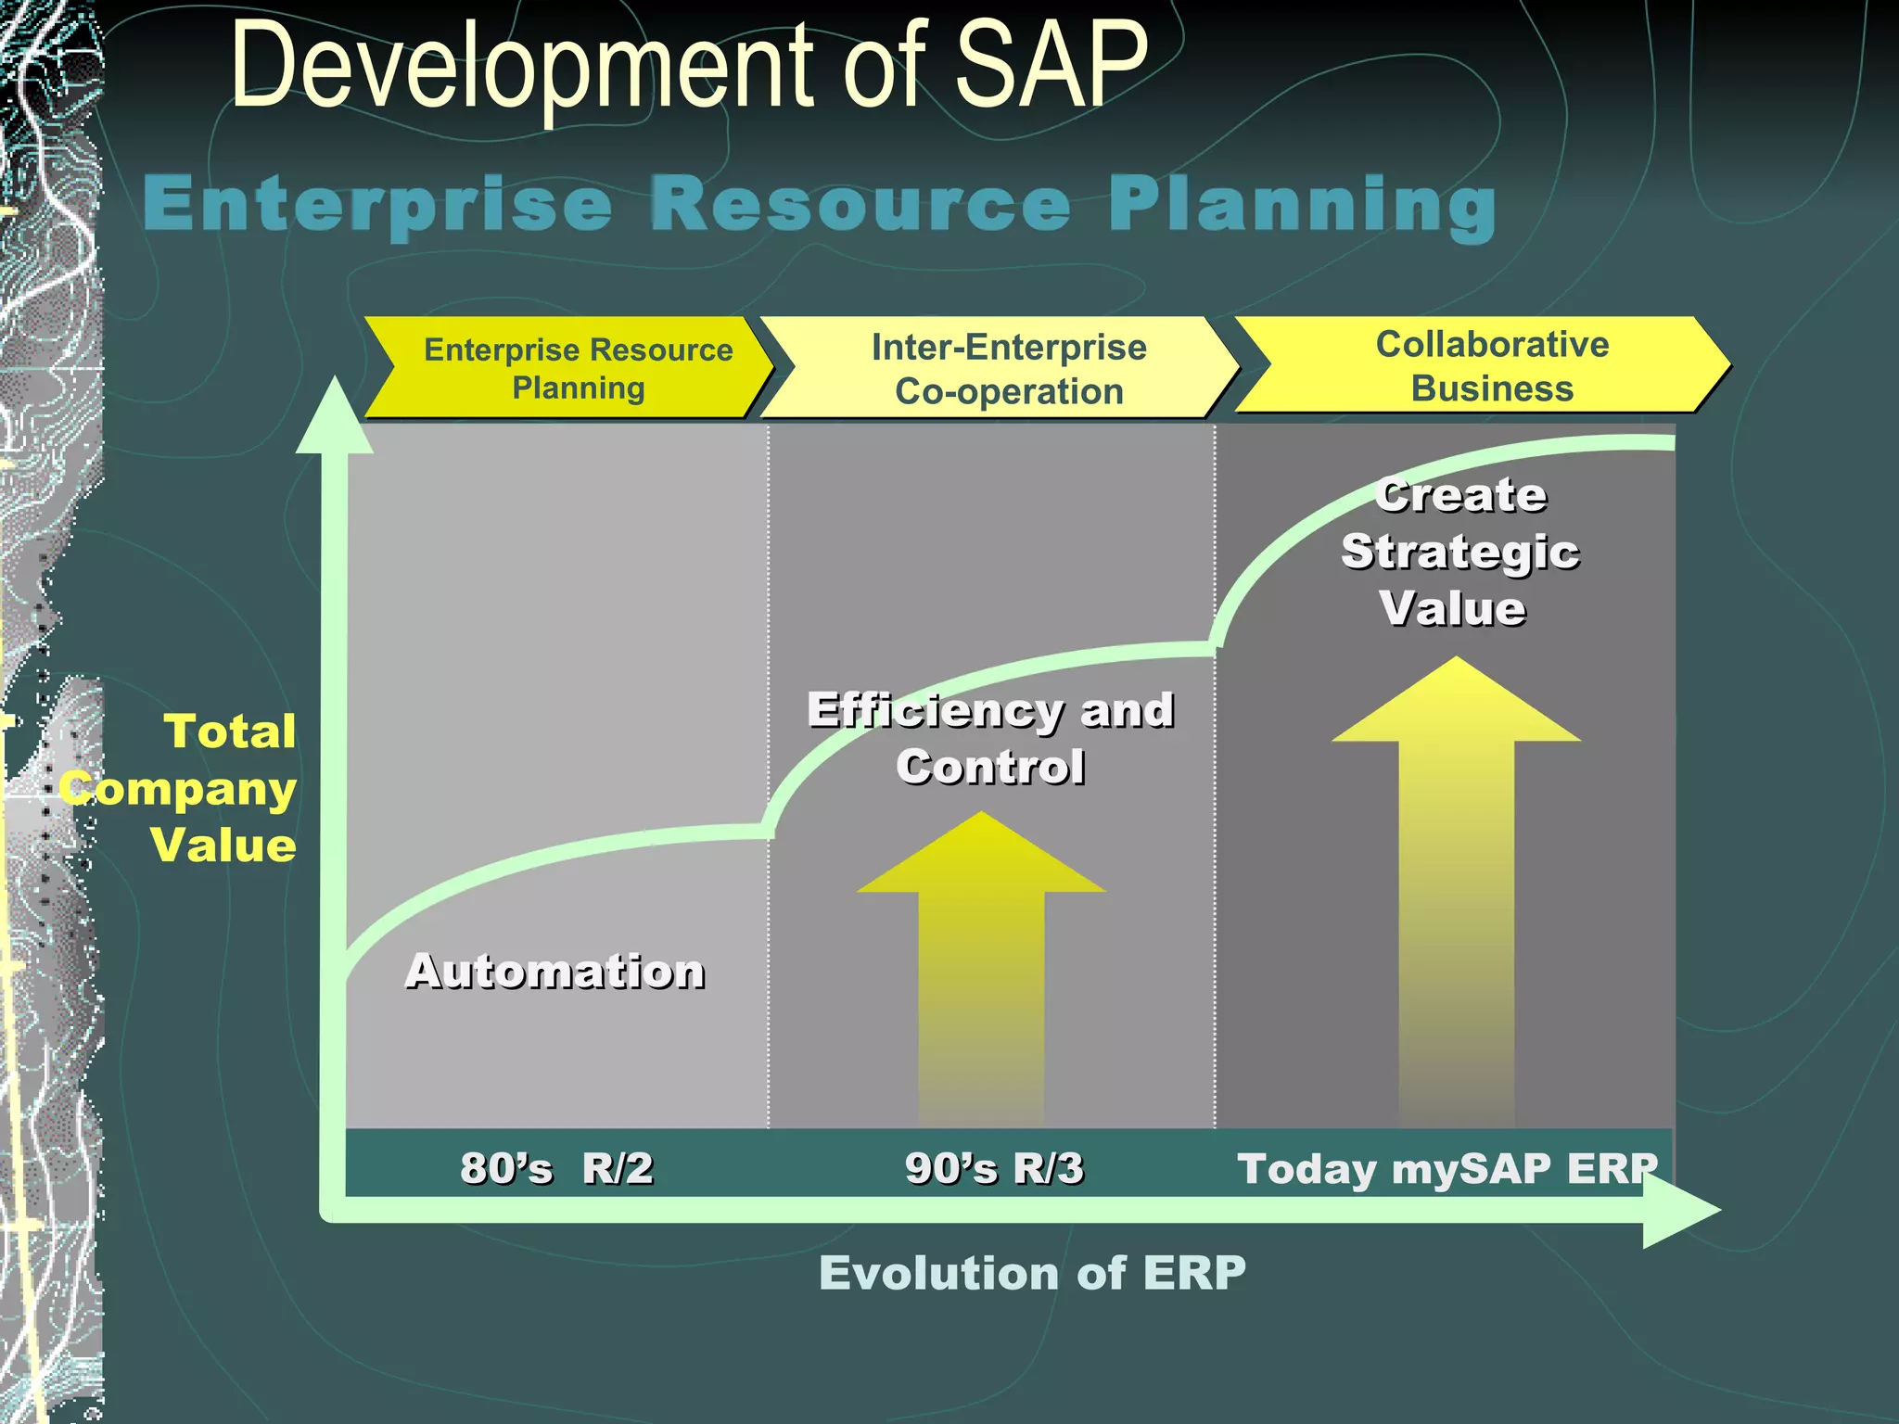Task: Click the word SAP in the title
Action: coord(1051,67)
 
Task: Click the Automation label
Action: coord(554,972)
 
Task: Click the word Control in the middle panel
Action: coord(989,767)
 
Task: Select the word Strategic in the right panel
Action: coord(1459,552)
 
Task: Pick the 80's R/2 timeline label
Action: coord(556,1167)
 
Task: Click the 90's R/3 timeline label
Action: coord(994,1167)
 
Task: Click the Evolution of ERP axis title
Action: coord(1032,1272)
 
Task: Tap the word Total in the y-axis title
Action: coord(230,731)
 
